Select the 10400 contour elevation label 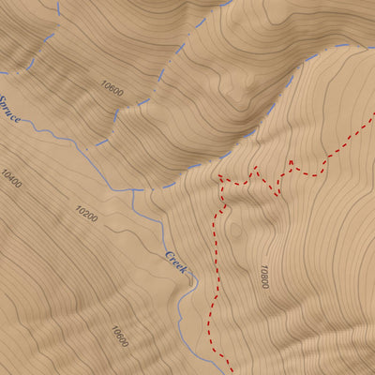coord(11,178)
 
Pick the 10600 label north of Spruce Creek coord(112,89)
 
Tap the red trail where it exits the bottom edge coord(228,370)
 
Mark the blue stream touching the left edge coord(3,71)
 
